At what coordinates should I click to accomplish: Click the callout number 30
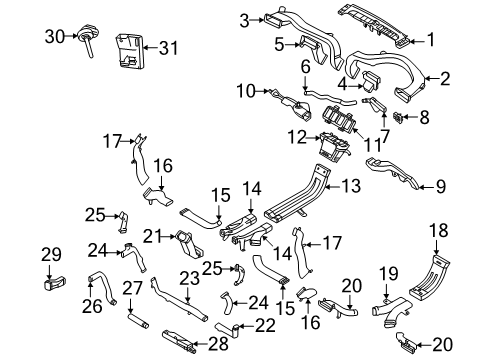(55, 36)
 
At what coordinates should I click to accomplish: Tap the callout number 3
(244, 21)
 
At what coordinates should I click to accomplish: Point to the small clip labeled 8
(398, 117)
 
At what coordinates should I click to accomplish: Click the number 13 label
(351, 185)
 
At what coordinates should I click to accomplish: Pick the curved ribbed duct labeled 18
(430, 276)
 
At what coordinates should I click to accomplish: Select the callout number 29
(51, 255)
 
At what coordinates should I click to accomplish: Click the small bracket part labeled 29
(55, 283)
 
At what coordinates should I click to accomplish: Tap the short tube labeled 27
(138, 320)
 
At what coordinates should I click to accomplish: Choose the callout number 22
(265, 325)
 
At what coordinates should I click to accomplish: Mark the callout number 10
(246, 91)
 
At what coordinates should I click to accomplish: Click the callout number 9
(441, 187)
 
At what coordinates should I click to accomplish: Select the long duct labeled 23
(178, 300)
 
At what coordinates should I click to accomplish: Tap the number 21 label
(153, 237)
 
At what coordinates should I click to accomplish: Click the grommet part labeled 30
(87, 38)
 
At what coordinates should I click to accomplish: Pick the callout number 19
(389, 274)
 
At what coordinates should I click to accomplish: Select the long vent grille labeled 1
(373, 25)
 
